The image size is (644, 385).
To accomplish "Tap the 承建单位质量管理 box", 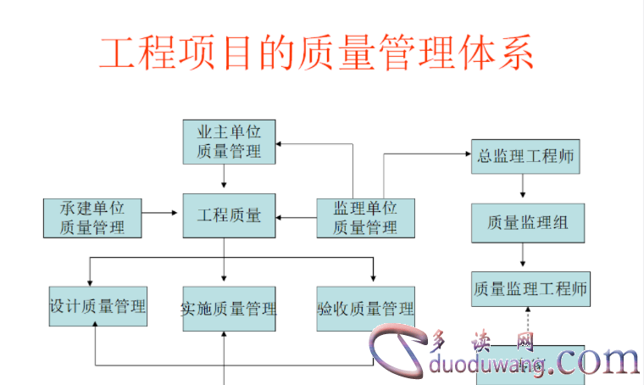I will click(x=92, y=217).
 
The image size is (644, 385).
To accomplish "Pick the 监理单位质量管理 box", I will click(x=365, y=217).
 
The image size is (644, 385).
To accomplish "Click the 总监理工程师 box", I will click(x=526, y=155).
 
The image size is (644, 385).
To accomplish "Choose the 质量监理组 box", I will click(x=526, y=222).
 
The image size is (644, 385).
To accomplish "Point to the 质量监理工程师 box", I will click(x=530, y=289).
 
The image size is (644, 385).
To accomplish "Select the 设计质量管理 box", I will click(x=97, y=306).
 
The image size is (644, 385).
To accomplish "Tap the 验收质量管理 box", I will click(x=365, y=309).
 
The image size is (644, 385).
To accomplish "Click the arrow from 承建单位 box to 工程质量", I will click(x=162, y=217).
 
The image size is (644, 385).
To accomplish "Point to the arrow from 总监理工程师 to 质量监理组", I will click(x=525, y=188).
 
